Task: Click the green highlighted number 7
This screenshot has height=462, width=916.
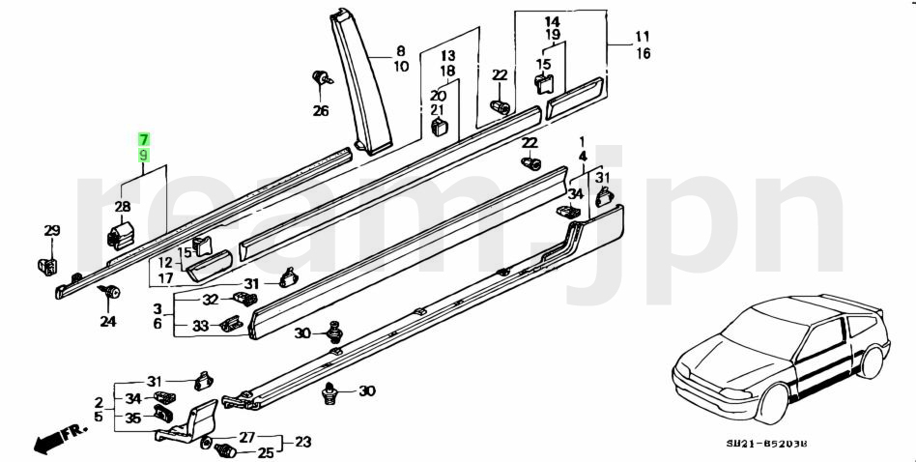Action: pyautogui.click(x=143, y=140)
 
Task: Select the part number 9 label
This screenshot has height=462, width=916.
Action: pyautogui.click(x=143, y=155)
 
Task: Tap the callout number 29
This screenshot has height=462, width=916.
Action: pyautogui.click(x=51, y=230)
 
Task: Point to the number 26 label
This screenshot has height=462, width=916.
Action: pyautogui.click(x=320, y=110)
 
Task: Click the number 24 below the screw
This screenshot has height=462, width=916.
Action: pyautogui.click(x=107, y=322)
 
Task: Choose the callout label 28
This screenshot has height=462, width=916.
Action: pyautogui.click(x=123, y=207)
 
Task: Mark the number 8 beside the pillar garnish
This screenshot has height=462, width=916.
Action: pyautogui.click(x=401, y=51)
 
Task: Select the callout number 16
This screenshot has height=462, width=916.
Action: pyautogui.click(x=643, y=54)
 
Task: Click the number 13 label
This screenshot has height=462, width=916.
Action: pyautogui.click(x=448, y=56)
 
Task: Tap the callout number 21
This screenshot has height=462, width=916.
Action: pyautogui.click(x=438, y=110)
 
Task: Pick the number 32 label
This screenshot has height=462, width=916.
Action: pyautogui.click(x=210, y=300)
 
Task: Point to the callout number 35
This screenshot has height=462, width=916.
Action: pyautogui.click(x=133, y=419)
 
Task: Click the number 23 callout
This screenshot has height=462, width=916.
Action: pyautogui.click(x=303, y=443)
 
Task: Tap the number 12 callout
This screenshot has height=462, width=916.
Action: pyautogui.click(x=166, y=262)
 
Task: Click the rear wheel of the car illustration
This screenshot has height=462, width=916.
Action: pyautogui.click(x=871, y=364)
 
